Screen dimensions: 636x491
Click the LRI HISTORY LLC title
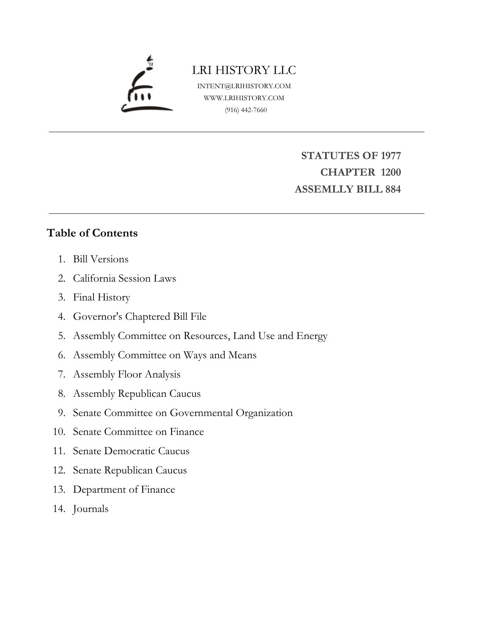point(244,70)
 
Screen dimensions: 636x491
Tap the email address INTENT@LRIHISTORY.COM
point(244,86)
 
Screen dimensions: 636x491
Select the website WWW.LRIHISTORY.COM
point(244,98)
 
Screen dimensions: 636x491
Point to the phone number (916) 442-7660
point(246,110)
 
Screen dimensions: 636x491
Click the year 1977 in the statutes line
point(391,156)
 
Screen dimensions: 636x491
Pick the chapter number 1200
point(391,172)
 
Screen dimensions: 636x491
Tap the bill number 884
point(393,189)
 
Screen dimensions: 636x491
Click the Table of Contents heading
point(92,233)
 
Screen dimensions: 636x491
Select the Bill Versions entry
point(101,259)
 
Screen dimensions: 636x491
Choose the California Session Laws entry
point(124,278)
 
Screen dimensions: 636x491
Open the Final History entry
point(102,297)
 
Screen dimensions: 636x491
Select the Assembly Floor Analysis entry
point(127,374)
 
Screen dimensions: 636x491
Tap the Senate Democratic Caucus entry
point(131,451)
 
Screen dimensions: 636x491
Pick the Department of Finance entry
point(124,490)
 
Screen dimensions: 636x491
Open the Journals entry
point(91,509)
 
